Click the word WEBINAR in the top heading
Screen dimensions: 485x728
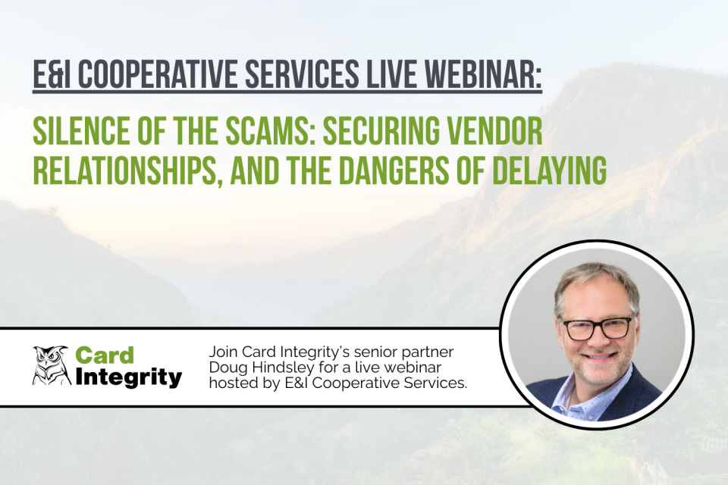pos(487,77)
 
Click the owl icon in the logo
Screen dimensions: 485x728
pos(51,365)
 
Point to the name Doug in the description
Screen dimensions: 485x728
pos(226,369)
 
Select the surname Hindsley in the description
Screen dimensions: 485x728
pos(280,369)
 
